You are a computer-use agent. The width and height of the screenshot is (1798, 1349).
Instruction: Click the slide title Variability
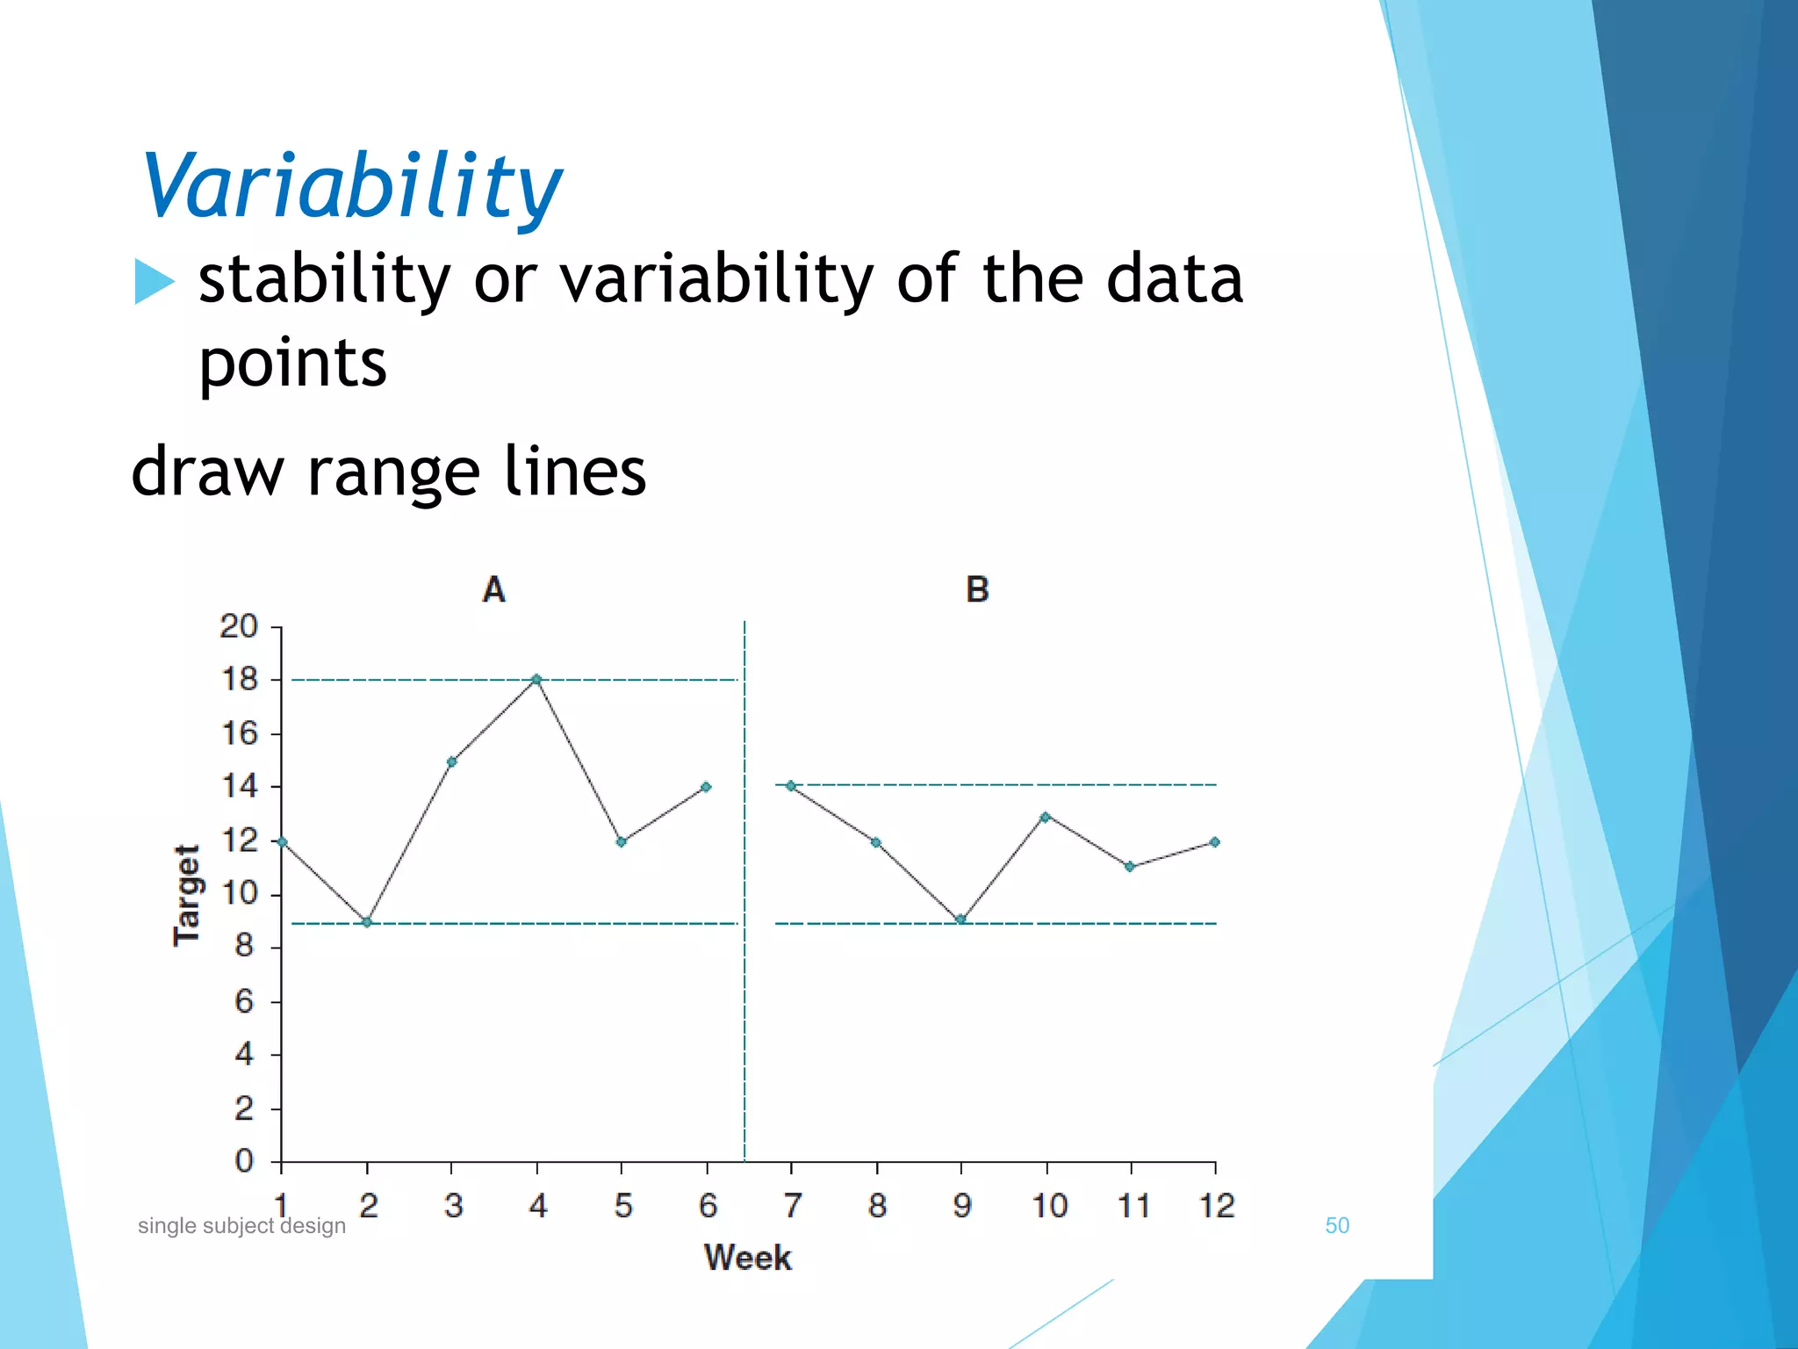coord(351,186)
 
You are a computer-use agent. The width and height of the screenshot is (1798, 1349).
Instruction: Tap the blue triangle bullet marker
coord(154,282)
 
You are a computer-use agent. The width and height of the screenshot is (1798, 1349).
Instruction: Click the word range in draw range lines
coord(392,473)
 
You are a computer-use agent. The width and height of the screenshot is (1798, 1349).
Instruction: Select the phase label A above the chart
coord(494,589)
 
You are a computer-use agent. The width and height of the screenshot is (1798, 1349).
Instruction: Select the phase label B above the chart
coord(977,589)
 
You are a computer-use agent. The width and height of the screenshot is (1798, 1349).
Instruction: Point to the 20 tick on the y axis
coord(239,627)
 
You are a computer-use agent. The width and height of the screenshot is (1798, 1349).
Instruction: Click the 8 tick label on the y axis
coord(244,947)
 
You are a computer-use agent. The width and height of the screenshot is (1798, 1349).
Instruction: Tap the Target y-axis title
coord(187,895)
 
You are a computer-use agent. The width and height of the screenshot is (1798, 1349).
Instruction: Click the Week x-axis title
coord(747,1258)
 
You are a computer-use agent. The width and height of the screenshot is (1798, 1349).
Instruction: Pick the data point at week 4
coord(536,679)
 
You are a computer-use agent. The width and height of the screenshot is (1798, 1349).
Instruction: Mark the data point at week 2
coord(367,922)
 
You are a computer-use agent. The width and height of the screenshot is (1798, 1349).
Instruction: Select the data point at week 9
coord(960,920)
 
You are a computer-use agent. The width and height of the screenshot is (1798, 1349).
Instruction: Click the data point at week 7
coord(791,786)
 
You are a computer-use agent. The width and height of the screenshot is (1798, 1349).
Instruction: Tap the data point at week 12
coord(1215,841)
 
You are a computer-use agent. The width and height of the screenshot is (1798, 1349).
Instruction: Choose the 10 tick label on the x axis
coord(1049,1206)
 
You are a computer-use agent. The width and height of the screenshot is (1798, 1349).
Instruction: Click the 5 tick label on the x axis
coord(623,1206)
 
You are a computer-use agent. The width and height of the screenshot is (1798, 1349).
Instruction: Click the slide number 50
coord(1336,1226)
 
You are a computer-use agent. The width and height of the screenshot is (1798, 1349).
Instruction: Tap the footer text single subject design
coord(241,1226)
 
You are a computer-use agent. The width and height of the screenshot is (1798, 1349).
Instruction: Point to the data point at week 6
coord(706,787)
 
